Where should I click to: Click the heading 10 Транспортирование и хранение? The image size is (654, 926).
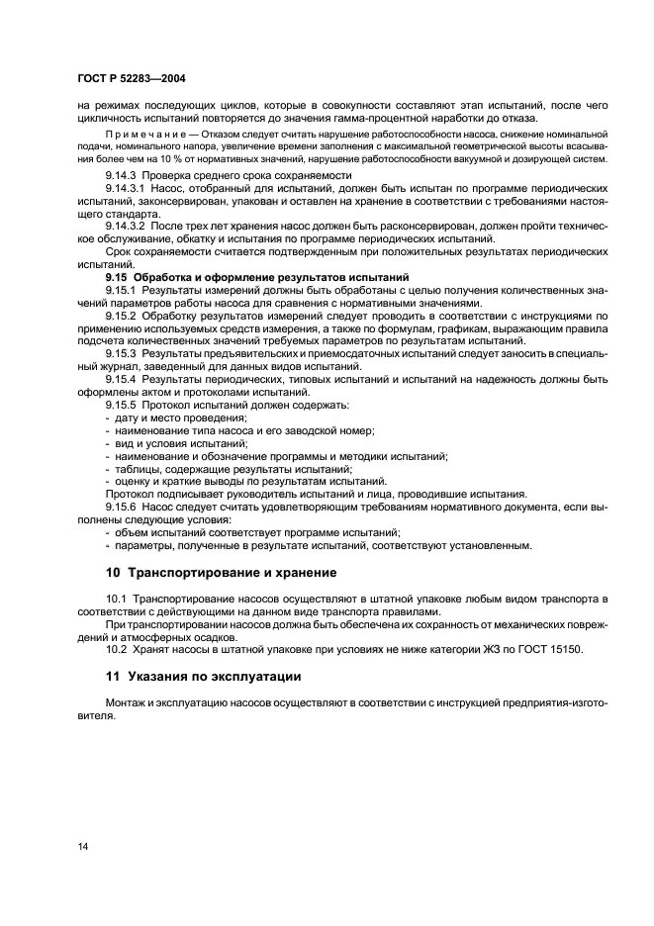221,572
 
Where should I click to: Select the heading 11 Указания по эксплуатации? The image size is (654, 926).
204,676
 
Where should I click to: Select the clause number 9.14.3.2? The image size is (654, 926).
127,225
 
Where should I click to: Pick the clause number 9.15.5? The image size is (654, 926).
123,405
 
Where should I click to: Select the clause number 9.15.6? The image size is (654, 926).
123,507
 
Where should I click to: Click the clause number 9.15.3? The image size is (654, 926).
123,353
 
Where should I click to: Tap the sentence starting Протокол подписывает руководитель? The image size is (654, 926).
317,495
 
